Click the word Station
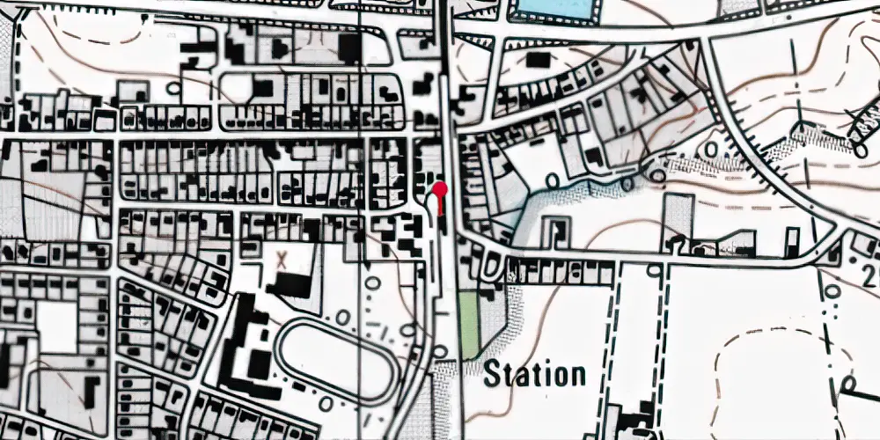tap(535, 374)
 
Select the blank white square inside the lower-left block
tap(57, 326)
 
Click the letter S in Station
tap(493, 374)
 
